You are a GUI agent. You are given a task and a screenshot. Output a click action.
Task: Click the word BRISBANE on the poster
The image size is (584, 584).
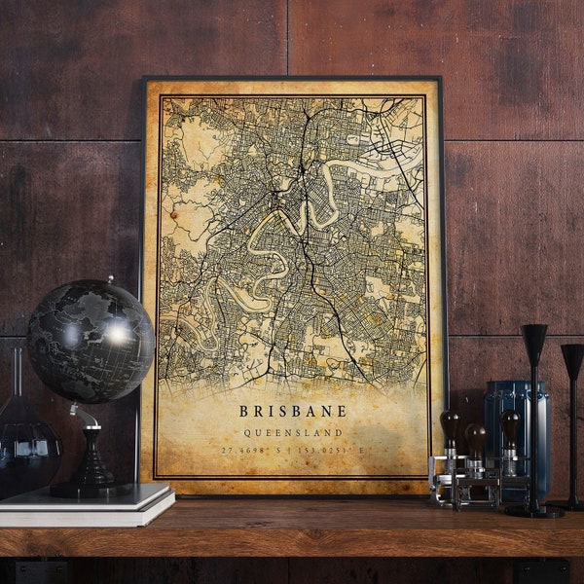click(292, 411)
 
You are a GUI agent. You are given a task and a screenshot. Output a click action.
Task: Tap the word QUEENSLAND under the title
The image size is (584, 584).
click(292, 432)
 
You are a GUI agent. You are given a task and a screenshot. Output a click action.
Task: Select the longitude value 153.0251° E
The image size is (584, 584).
click(335, 450)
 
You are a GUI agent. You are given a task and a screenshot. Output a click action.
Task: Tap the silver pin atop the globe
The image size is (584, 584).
click(110, 280)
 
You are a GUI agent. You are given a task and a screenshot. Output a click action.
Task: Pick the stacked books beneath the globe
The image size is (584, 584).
click(88, 506)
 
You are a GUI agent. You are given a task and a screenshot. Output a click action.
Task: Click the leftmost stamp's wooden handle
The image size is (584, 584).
click(449, 426)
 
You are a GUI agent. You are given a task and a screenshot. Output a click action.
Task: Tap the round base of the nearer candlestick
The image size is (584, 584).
click(533, 509)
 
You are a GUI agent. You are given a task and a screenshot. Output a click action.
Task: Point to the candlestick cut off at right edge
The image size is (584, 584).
click(573, 419)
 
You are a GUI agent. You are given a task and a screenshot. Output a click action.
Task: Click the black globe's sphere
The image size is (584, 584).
click(90, 341)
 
